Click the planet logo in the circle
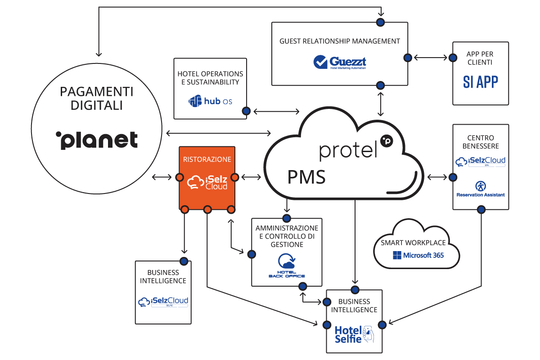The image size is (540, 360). (x=97, y=140)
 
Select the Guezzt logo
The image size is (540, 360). (x=340, y=62)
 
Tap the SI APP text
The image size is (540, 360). (x=481, y=81)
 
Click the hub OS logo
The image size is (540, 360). (x=211, y=101)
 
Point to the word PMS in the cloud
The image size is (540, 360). (x=306, y=177)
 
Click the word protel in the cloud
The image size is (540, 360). (x=347, y=151)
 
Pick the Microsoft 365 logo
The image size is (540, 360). (x=418, y=255)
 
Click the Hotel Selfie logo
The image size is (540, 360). (x=354, y=333)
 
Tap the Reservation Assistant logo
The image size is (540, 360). (x=481, y=189)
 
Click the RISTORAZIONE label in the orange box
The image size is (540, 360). (x=207, y=159)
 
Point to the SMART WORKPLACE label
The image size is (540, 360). (x=413, y=243)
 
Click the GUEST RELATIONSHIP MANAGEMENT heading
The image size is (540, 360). (x=340, y=41)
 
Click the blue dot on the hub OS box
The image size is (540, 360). (x=246, y=111)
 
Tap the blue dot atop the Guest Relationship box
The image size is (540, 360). (x=381, y=22)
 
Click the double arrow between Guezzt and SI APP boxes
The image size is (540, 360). (x=430, y=58)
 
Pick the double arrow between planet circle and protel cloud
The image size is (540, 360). (x=219, y=133)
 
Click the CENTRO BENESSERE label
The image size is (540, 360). (x=481, y=142)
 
